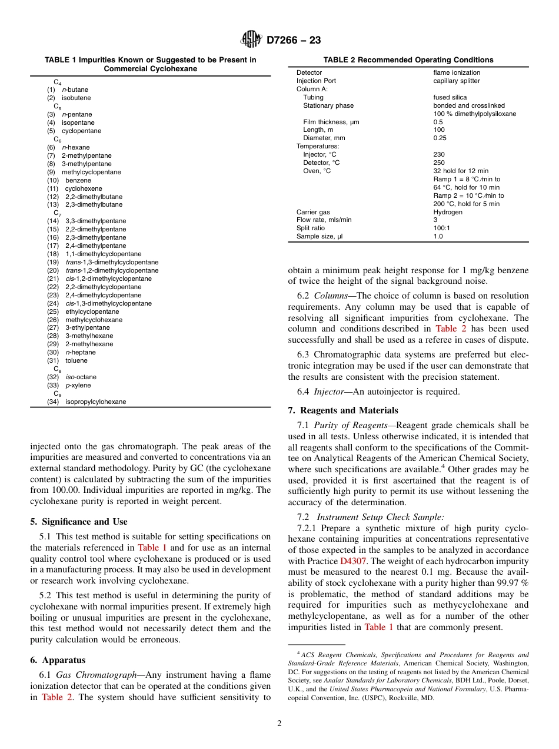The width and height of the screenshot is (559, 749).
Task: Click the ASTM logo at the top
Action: [251, 39]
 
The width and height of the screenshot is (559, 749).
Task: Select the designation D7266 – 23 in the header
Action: [294, 40]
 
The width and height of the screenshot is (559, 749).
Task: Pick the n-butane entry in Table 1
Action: [75, 90]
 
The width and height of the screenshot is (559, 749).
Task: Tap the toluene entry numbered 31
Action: [76, 360]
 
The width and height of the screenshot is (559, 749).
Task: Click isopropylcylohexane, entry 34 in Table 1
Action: [95, 402]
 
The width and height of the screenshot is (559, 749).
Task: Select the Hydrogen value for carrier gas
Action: [448, 212]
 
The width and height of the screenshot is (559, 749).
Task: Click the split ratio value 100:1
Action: [442, 228]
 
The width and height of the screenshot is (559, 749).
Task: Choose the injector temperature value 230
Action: [439, 154]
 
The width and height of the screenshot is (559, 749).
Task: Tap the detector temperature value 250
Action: [439, 163]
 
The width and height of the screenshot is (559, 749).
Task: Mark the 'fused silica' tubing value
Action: [450, 97]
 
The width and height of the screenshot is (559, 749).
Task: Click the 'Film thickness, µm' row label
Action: [331, 122]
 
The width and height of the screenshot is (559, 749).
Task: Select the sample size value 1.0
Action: [438, 237]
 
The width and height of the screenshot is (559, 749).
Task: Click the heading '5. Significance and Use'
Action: [78, 522]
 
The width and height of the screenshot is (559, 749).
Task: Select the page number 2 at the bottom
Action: [279, 724]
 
